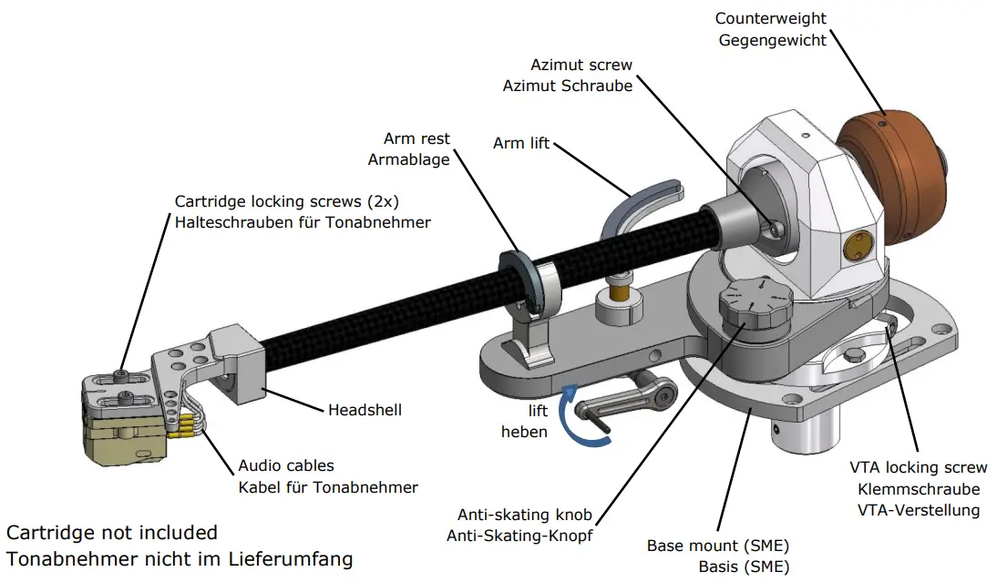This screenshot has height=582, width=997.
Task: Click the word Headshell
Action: (x=365, y=410)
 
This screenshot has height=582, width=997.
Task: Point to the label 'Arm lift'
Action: (x=521, y=143)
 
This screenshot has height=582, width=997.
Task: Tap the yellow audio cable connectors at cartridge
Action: (x=185, y=422)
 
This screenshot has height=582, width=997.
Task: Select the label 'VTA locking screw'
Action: (x=918, y=468)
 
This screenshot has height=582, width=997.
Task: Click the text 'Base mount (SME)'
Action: (x=717, y=546)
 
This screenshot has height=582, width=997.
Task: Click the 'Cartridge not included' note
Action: (x=112, y=533)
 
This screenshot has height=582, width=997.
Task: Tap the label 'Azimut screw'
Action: (x=581, y=66)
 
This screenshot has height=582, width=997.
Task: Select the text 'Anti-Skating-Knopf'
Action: (x=519, y=536)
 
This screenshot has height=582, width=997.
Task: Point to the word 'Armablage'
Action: (x=409, y=159)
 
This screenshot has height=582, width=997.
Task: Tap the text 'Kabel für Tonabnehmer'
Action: (x=328, y=487)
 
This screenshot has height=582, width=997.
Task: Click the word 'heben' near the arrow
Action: (x=524, y=432)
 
